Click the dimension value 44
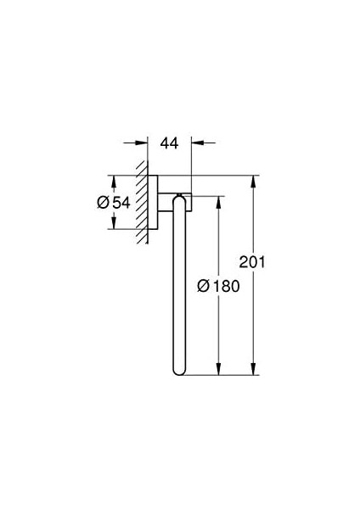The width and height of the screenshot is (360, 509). (169, 143)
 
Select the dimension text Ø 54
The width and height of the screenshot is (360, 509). (114, 203)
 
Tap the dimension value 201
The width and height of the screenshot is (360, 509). (252, 262)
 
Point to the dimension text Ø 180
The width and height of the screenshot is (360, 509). (218, 286)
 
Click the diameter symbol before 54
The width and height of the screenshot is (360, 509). (103, 203)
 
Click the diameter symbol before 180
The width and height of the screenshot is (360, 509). (204, 286)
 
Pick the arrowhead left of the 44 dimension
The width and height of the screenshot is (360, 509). (141, 143)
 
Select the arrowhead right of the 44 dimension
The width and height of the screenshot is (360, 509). (198, 143)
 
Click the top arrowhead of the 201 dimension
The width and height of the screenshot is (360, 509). (254, 182)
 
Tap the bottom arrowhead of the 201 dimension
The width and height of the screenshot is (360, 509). (254, 369)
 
